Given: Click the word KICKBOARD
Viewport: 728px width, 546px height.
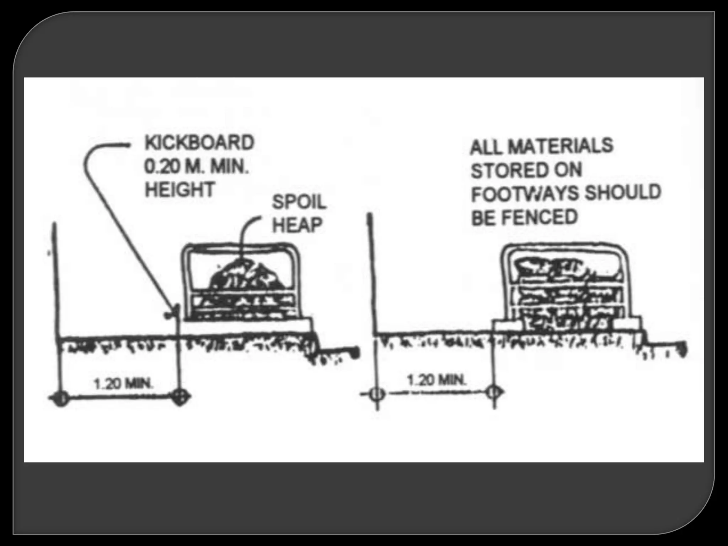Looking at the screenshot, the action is [199, 143].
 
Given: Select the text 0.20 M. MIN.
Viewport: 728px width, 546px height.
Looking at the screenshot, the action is [196, 166].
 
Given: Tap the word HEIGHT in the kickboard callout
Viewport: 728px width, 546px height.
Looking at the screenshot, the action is [180, 189].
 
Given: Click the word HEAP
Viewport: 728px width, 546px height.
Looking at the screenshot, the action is [297, 225].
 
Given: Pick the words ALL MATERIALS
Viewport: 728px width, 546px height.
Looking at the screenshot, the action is [542, 146].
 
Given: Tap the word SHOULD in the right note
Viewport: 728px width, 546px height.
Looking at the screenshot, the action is [623, 192].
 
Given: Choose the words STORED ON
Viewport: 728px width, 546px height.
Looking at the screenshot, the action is [526, 170].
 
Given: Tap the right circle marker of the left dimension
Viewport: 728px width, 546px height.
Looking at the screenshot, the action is [181, 397].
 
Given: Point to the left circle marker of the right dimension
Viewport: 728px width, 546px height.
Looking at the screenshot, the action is [377, 394].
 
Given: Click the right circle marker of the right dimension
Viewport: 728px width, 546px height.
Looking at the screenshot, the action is [494, 392].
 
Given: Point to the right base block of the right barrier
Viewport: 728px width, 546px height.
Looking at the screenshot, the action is [628, 323].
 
